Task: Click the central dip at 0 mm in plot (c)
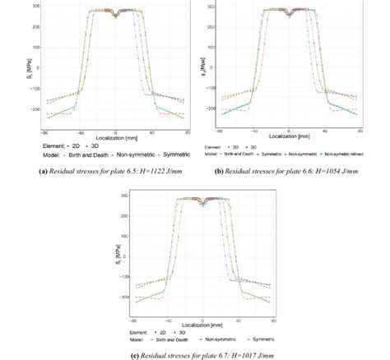(x=202, y=202)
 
